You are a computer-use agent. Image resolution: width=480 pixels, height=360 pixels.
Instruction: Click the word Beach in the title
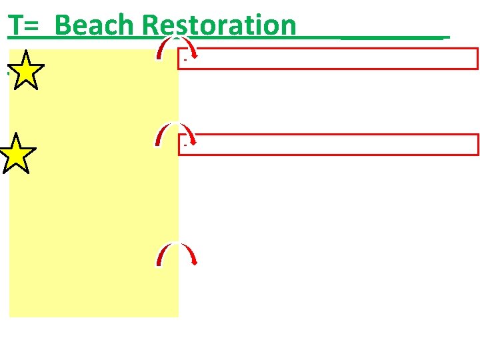click(x=95, y=25)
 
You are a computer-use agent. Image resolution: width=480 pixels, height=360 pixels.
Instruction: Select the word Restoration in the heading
click(x=219, y=25)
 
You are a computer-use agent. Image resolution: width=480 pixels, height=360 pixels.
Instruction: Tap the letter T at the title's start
click(x=15, y=25)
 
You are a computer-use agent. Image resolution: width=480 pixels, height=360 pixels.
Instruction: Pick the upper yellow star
click(x=25, y=71)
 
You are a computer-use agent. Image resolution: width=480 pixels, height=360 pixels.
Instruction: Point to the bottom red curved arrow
click(x=176, y=253)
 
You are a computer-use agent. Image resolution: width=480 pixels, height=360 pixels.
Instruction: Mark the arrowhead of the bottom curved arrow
click(x=194, y=262)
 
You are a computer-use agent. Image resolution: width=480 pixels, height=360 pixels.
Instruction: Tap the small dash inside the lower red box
click(x=184, y=145)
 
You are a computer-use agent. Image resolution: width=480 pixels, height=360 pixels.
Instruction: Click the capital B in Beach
click(x=63, y=25)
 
